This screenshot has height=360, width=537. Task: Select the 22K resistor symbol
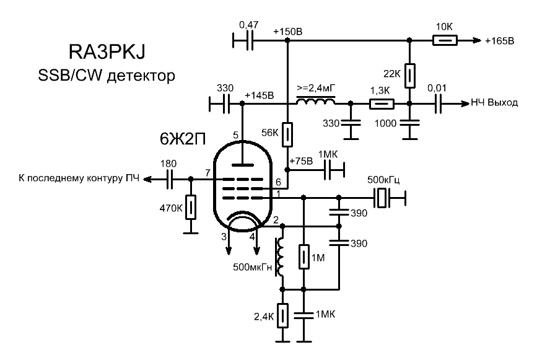409,75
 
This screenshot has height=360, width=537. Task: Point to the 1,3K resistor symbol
380,104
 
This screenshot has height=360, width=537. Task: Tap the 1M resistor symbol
303,256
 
